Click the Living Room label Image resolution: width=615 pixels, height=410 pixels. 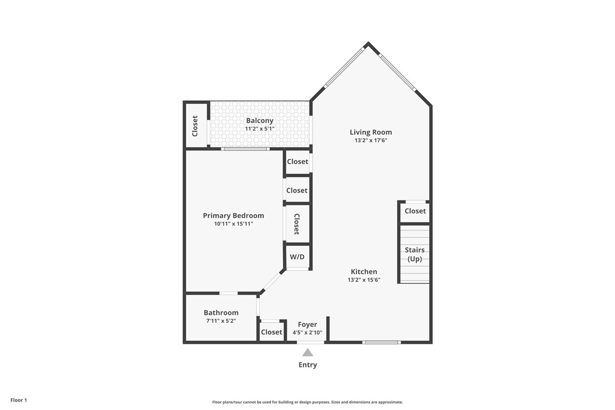[370, 132]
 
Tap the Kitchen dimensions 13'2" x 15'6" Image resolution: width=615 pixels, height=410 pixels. [364, 280]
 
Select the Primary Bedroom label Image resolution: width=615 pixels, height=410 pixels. [233, 215]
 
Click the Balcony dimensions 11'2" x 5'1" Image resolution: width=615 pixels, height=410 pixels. [259, 129]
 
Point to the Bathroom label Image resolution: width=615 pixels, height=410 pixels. [221, 313]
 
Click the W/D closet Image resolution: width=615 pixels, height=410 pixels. [297, 257]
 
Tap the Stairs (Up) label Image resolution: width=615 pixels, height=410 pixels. [415, 254]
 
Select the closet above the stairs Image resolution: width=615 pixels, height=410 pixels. [415, 211]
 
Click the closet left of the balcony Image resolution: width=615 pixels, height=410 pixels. [195, 125]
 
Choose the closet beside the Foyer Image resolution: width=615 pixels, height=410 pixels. [271, 332]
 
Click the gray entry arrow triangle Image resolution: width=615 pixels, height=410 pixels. [308, 352]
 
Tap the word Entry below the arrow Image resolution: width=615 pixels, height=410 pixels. [308, 365]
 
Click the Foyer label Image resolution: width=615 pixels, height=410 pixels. [308, 324]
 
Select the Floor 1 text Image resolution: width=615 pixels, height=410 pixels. [19, 400]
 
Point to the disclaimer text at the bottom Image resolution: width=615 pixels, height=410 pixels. [308, 402]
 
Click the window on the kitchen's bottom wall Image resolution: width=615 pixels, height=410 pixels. [381, 342]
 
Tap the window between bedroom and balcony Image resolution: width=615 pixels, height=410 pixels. [245, 149]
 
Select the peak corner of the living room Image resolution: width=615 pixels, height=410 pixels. [368, 44]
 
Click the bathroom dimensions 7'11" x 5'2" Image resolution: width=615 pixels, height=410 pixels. [221, 321]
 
